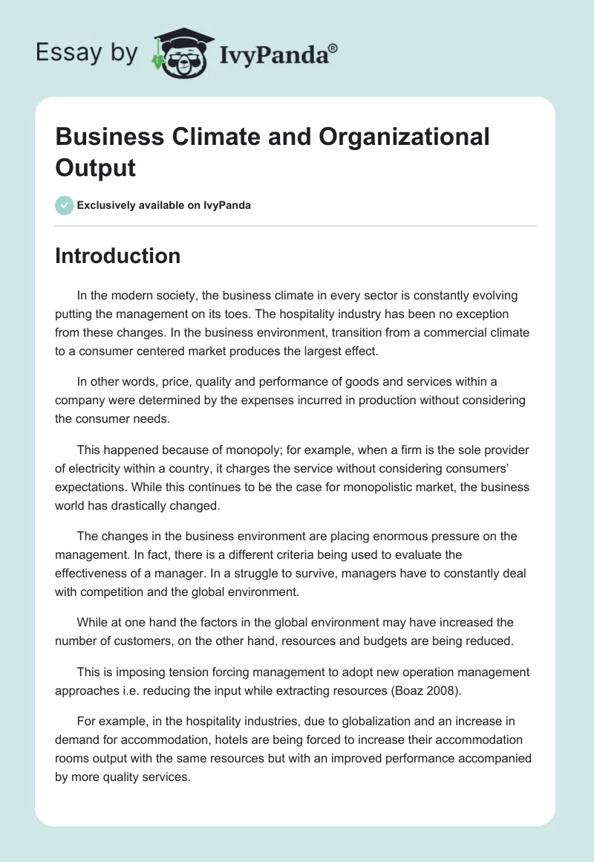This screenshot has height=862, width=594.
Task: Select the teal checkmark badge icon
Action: click(65, 205)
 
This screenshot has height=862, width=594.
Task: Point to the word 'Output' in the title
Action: click(95, 167)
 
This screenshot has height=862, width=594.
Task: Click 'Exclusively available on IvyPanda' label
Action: click(164, 205)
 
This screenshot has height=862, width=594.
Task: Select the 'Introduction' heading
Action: click(117, 256)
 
